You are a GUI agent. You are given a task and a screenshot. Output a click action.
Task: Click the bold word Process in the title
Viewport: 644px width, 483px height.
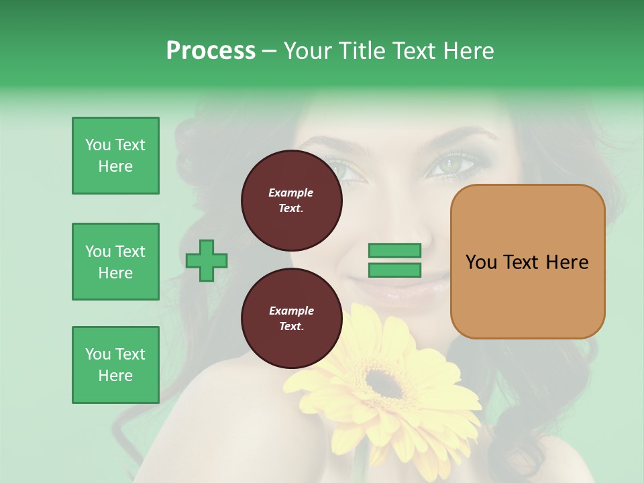[211, 51]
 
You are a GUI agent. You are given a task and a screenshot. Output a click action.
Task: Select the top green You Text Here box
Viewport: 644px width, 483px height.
[115, 156]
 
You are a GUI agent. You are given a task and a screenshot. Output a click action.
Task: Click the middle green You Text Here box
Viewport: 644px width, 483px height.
[115, 262]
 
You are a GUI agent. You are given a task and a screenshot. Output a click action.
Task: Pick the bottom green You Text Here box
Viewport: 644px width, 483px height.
[115, 365]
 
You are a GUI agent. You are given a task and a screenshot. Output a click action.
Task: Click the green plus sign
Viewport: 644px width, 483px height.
[207, 260]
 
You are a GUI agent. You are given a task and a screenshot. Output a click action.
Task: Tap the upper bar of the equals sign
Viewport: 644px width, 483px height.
[395, 250]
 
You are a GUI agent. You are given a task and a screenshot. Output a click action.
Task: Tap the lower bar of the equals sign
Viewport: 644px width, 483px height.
[395, 270]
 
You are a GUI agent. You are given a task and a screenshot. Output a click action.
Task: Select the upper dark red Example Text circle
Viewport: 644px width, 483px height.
[291, 201]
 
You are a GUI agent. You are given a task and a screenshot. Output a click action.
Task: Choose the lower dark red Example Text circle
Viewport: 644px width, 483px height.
[291, 319]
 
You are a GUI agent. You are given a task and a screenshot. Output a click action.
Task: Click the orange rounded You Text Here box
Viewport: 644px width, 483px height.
[527, 262]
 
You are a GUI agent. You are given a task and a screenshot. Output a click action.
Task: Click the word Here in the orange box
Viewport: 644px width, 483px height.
[567, 262]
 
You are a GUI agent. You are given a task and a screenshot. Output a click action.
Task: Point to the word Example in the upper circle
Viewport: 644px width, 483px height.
[291, 193]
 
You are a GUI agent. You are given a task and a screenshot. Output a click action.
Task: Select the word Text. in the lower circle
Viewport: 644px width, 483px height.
[291, 327]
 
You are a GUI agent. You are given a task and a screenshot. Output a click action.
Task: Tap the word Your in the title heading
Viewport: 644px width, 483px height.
[307, 51]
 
